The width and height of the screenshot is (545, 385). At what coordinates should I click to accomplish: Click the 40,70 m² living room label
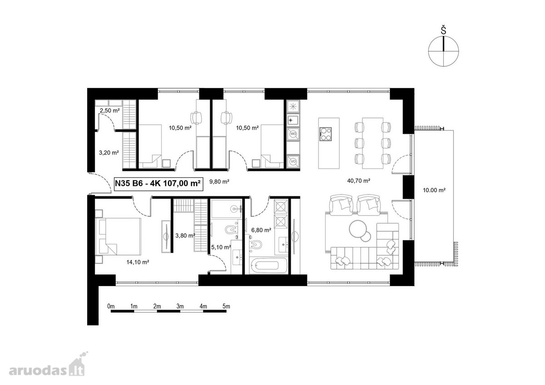(x=359, y=181)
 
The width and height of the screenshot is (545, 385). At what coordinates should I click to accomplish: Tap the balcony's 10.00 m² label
(x=434, y=190)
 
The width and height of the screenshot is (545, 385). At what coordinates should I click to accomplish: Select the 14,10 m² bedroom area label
(x=138, y=262)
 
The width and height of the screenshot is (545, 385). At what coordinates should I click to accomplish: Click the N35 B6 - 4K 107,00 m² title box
(x=159, y=184)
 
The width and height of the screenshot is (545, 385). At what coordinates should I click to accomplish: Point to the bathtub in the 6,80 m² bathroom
(x=268, y=265)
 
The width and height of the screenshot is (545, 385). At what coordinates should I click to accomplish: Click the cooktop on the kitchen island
(x=326, y=134)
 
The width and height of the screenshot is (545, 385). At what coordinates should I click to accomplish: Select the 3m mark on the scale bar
(x=180, y=306)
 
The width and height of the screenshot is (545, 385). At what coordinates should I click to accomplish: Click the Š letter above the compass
(x=444, y=31)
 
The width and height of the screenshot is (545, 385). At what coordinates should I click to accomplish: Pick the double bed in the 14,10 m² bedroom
(x=118, y=236)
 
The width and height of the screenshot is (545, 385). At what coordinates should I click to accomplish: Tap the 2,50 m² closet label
(x=109, y=111)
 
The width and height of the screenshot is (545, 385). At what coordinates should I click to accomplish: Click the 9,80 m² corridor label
(x=219, y=181)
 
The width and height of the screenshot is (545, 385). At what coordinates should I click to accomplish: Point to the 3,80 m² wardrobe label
(x=185, y=235)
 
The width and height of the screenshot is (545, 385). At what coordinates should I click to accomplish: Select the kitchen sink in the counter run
(x=293, y=120)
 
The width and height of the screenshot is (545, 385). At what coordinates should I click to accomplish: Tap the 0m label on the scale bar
(x=111, y=306)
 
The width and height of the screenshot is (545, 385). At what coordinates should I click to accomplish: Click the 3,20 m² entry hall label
(x=109, y=153)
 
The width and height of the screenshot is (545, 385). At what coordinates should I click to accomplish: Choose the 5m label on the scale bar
(x=226, y=306)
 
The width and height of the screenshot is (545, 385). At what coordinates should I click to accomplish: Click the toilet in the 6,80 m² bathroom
(x=255, y=244)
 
